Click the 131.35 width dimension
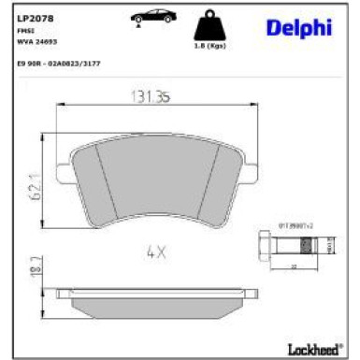(x=146, y=94)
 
